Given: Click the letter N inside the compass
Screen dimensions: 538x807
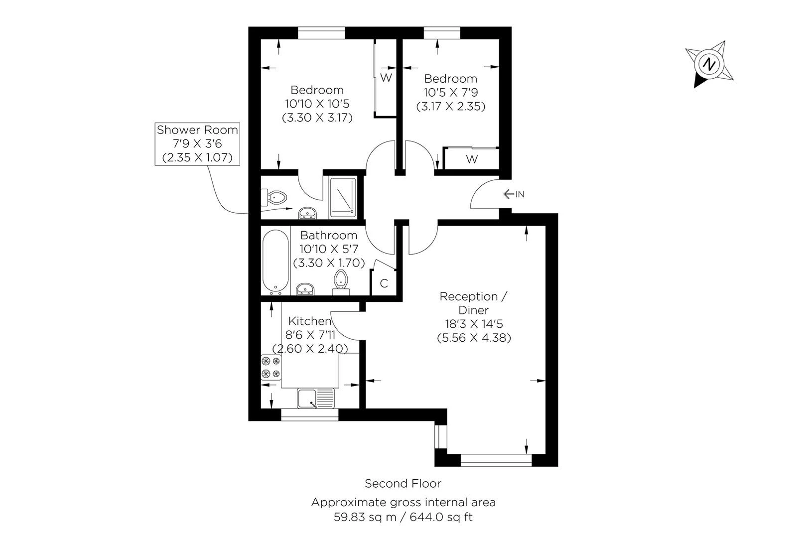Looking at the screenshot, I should pos(709,64).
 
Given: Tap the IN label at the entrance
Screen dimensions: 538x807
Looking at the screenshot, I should pos(520,194).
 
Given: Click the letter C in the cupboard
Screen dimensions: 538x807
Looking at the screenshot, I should pos(384,283).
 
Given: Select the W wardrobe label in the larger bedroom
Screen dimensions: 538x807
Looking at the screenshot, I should pos(386,78).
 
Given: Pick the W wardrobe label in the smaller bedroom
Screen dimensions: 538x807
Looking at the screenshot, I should pos(472,159).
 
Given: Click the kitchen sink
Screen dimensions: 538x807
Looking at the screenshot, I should pos(316,399).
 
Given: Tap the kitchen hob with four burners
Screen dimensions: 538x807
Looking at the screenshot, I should pos(270,367).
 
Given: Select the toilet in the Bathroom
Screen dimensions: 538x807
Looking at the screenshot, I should pos(341,280).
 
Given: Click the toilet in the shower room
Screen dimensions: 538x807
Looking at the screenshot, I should pos(277,197).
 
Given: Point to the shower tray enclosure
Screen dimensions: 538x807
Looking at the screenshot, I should pos(343,197).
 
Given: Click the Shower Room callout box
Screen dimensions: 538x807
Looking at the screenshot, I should pos(197,144).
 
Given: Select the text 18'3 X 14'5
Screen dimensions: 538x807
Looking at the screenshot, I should pos(474,324).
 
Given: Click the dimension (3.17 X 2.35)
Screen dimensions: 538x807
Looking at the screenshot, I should pos(450,106).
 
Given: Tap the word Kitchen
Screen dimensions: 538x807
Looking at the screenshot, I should pos(310,321).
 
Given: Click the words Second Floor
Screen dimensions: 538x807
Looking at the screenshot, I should pos(403,483).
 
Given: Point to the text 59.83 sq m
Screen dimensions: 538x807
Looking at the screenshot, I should pos(365,517).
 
